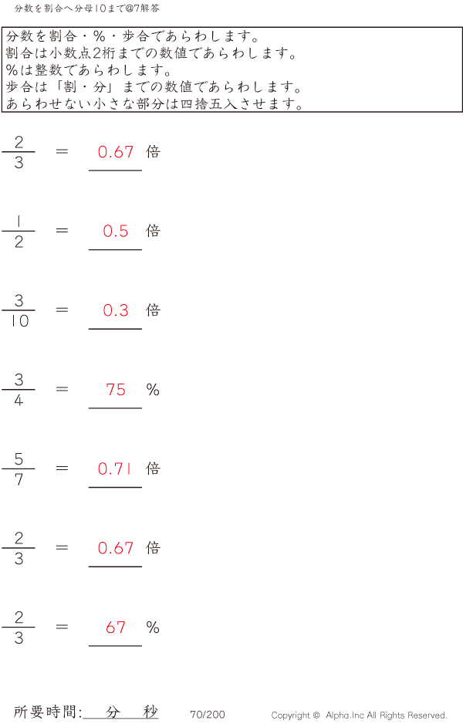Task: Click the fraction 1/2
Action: click(19, 232)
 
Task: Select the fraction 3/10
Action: click(19, 310)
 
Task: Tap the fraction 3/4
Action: click(19, 390)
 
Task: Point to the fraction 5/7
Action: click(19, 469)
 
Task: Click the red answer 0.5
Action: click(116, 231)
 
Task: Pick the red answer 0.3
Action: click(116, 310)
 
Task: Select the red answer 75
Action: click(116, 390)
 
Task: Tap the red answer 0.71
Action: click(116, 469)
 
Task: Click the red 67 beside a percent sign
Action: click(116, 628)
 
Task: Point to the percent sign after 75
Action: click(153, 390)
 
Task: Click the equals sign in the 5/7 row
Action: click(63, 468)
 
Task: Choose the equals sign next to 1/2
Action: click(63, 230)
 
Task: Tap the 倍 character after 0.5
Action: click(153, 231)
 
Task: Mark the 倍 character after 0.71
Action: click(153, 469)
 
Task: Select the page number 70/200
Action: click(208, 715)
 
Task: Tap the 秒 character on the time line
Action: click(150, 712)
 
